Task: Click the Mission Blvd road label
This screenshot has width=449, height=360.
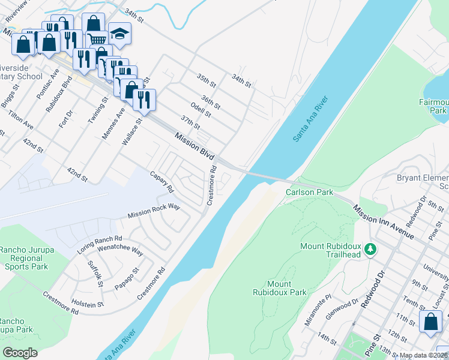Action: (x=195, y=146)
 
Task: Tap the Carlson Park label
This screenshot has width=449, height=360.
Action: (x=309, y=192)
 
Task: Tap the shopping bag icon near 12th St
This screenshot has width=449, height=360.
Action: (x=430, y=322)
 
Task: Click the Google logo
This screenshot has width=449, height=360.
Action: (x=20, y=353)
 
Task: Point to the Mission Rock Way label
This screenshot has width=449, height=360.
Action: (x=154, y=211)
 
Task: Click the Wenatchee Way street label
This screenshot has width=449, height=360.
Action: (x=120, y=250)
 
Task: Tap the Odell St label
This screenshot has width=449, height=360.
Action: (x=200, y=110)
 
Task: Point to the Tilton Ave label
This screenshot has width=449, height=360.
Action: (x=20, y=118)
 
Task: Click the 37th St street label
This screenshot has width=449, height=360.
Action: (x=190, y=122)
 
